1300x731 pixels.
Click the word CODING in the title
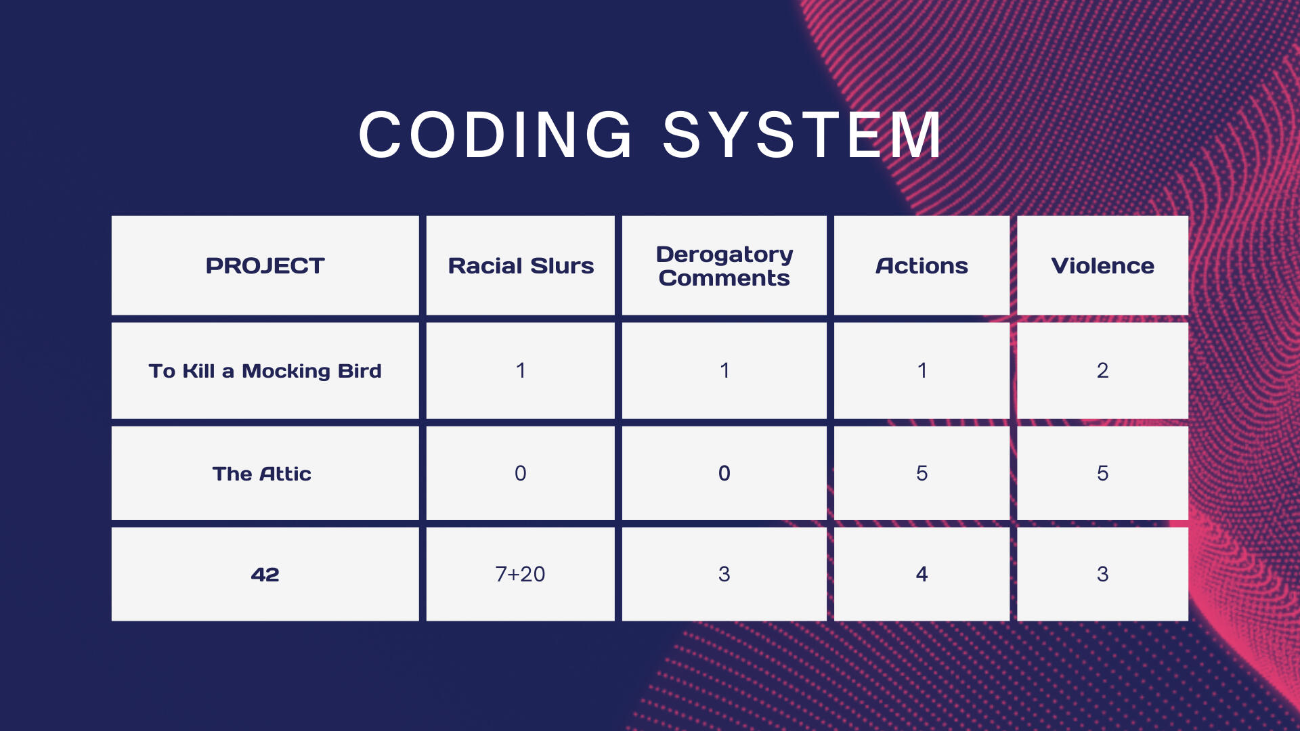coord(496,135)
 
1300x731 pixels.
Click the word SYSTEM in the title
coord(802,135)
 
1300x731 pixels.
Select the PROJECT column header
coord(265,266)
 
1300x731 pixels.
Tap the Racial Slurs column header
coord(521,266)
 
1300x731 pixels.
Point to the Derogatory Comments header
coord(724,266)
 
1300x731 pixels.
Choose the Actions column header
coord(922,266)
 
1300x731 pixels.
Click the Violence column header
coord(1102,266)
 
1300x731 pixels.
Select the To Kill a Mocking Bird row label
coord(265,371)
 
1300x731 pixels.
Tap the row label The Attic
coord(262,474)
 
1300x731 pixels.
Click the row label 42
coord(265,575)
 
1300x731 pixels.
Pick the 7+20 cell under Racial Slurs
coord(520,574)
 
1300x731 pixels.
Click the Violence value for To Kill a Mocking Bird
coord(1103,370)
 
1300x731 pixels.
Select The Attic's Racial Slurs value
coord(520,473)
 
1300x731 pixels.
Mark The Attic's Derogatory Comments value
coord(724,473)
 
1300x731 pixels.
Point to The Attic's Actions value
coord(922,473)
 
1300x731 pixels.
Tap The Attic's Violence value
coord(1103,473)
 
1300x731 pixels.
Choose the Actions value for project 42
coord(922,574)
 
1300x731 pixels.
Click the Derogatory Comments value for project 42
coord(724,574)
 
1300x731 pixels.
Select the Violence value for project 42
coord(1103,574)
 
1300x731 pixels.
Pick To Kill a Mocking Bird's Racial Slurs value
coord(520,370)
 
